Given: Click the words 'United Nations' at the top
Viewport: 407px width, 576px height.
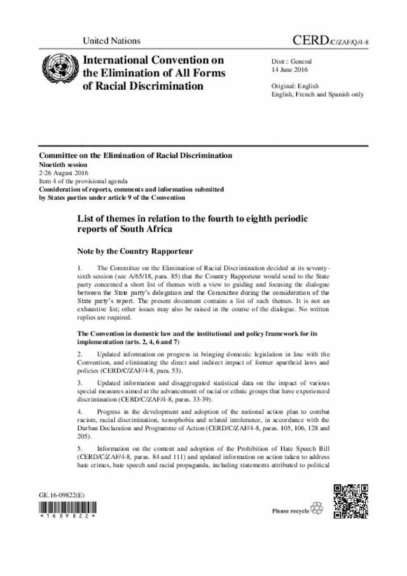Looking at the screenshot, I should point(111,41).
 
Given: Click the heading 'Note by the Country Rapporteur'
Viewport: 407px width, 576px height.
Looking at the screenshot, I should point(135,250).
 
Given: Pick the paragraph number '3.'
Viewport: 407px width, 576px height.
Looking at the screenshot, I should point(79,384).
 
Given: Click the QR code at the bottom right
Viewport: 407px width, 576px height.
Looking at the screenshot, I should point(350,503).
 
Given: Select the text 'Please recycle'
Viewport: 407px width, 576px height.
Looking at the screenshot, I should point(291,511).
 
